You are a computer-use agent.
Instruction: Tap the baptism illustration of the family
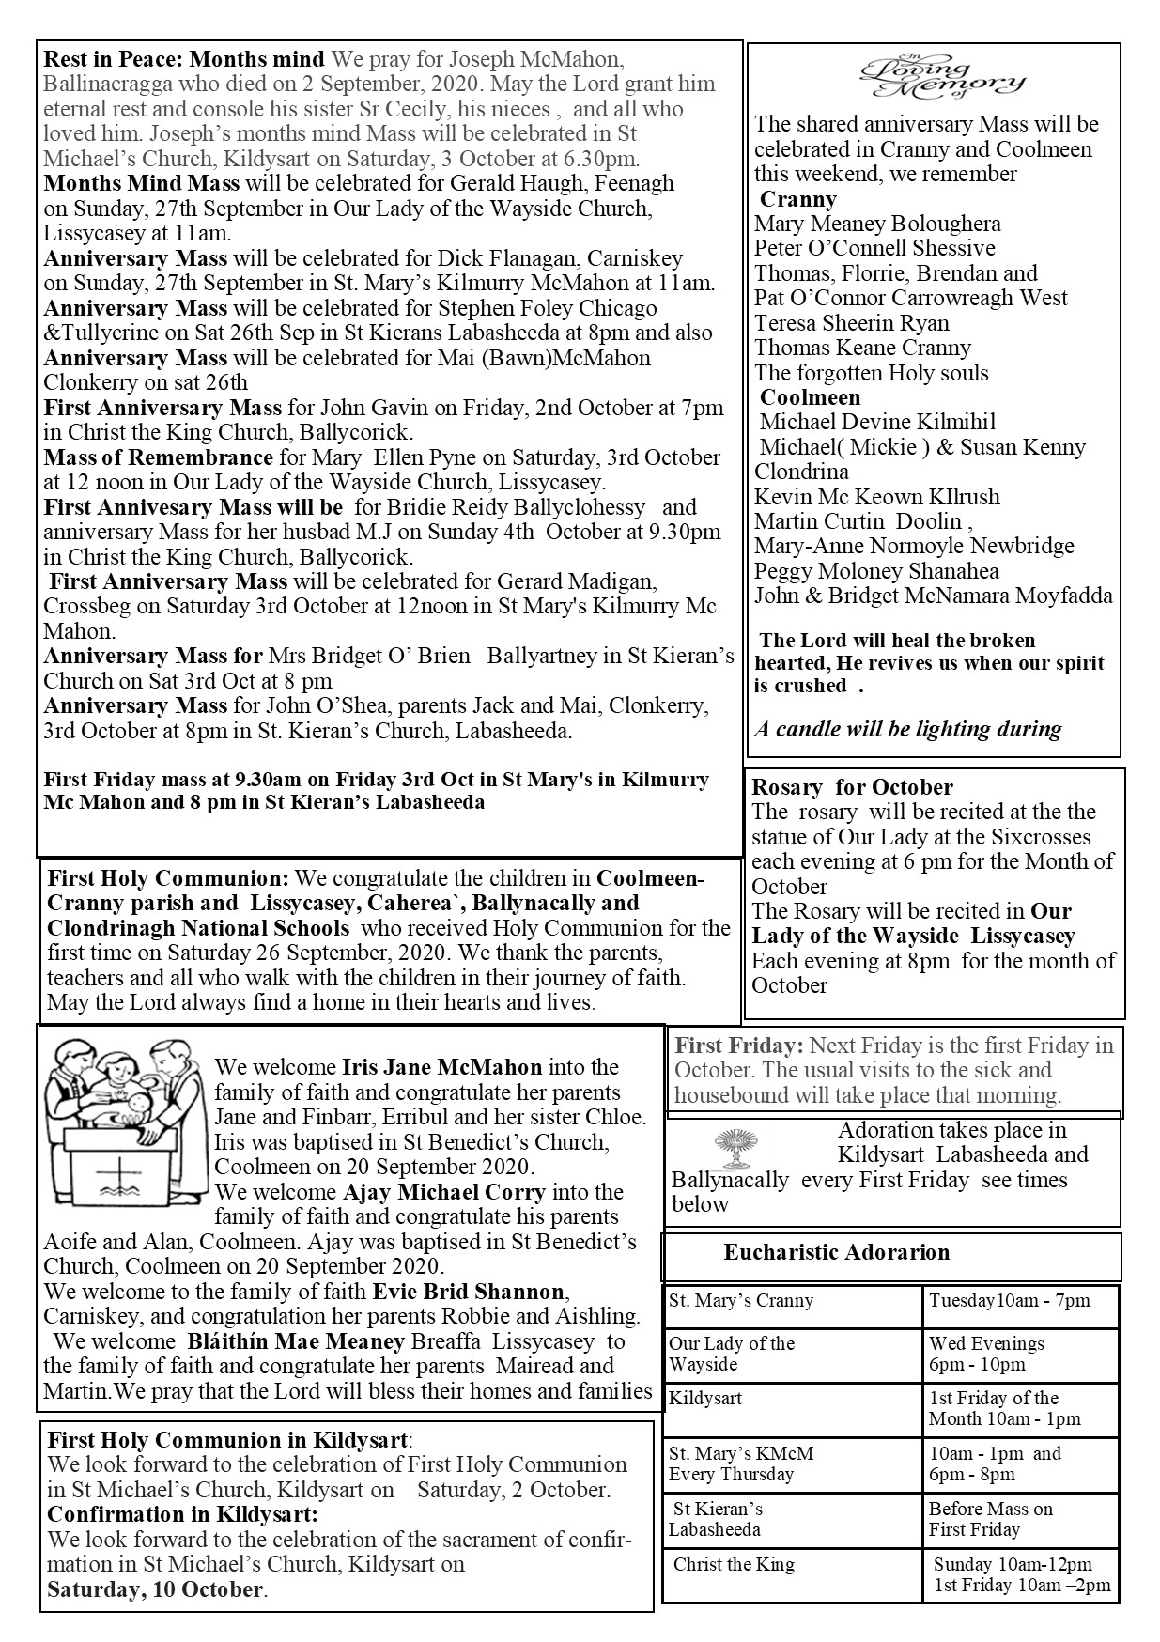pyautogui.click(x=125, y=1109)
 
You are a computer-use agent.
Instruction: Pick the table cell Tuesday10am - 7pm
pyautogui.click(x=1009, y=1301)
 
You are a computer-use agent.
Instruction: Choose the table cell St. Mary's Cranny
pyautogui.click(x=740, y=1301)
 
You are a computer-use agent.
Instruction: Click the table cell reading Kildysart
pyautogui.click(x=705, y=1398)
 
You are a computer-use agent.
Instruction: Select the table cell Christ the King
pyautogui.click(x=734, y=1564)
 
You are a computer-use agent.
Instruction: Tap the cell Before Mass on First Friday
pyautogui.click(x=990, y=1519)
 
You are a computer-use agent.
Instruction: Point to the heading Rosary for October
pyautogui.click(x=852, y=787)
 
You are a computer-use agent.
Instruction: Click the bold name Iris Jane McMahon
pyautogui.click(x=441, y=1067)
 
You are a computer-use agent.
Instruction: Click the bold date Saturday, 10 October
pyautogui.click(x=155, y=1589)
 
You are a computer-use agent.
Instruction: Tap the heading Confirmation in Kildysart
pyautogui.click(x=182, y=1514)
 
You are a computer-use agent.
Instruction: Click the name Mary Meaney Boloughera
pyautogui.click(x=876, y=224)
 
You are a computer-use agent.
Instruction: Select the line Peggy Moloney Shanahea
pyautogui.click(x=875, y=571)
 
